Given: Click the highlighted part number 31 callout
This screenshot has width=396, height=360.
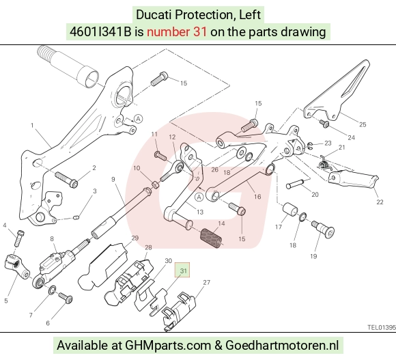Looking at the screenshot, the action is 182,271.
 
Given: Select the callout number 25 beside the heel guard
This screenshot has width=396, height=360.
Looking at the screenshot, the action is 363,124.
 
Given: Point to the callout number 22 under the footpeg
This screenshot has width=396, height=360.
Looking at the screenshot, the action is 380,202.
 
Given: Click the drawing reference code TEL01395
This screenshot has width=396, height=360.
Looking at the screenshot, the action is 382,327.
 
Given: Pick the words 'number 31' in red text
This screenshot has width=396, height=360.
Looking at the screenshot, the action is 177,32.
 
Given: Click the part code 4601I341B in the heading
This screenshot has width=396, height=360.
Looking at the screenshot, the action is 100,32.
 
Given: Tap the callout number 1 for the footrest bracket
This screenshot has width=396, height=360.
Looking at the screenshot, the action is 32,125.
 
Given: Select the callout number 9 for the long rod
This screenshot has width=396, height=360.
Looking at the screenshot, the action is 113,179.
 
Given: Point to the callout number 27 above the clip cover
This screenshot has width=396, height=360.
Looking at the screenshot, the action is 207,282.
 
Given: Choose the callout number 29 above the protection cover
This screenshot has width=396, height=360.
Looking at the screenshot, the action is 135,238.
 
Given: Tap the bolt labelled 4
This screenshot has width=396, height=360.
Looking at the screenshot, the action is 19,238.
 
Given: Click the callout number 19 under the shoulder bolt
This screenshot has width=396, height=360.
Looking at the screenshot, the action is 313,256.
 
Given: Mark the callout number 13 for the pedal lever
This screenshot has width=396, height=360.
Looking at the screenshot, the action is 200,212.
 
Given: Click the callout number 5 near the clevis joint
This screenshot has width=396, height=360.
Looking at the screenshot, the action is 6,301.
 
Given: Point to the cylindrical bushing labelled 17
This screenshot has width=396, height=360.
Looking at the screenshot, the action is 290,210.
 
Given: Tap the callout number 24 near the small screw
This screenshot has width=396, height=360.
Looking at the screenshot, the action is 352,137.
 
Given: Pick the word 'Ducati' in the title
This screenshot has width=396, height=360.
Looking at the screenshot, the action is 154,14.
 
